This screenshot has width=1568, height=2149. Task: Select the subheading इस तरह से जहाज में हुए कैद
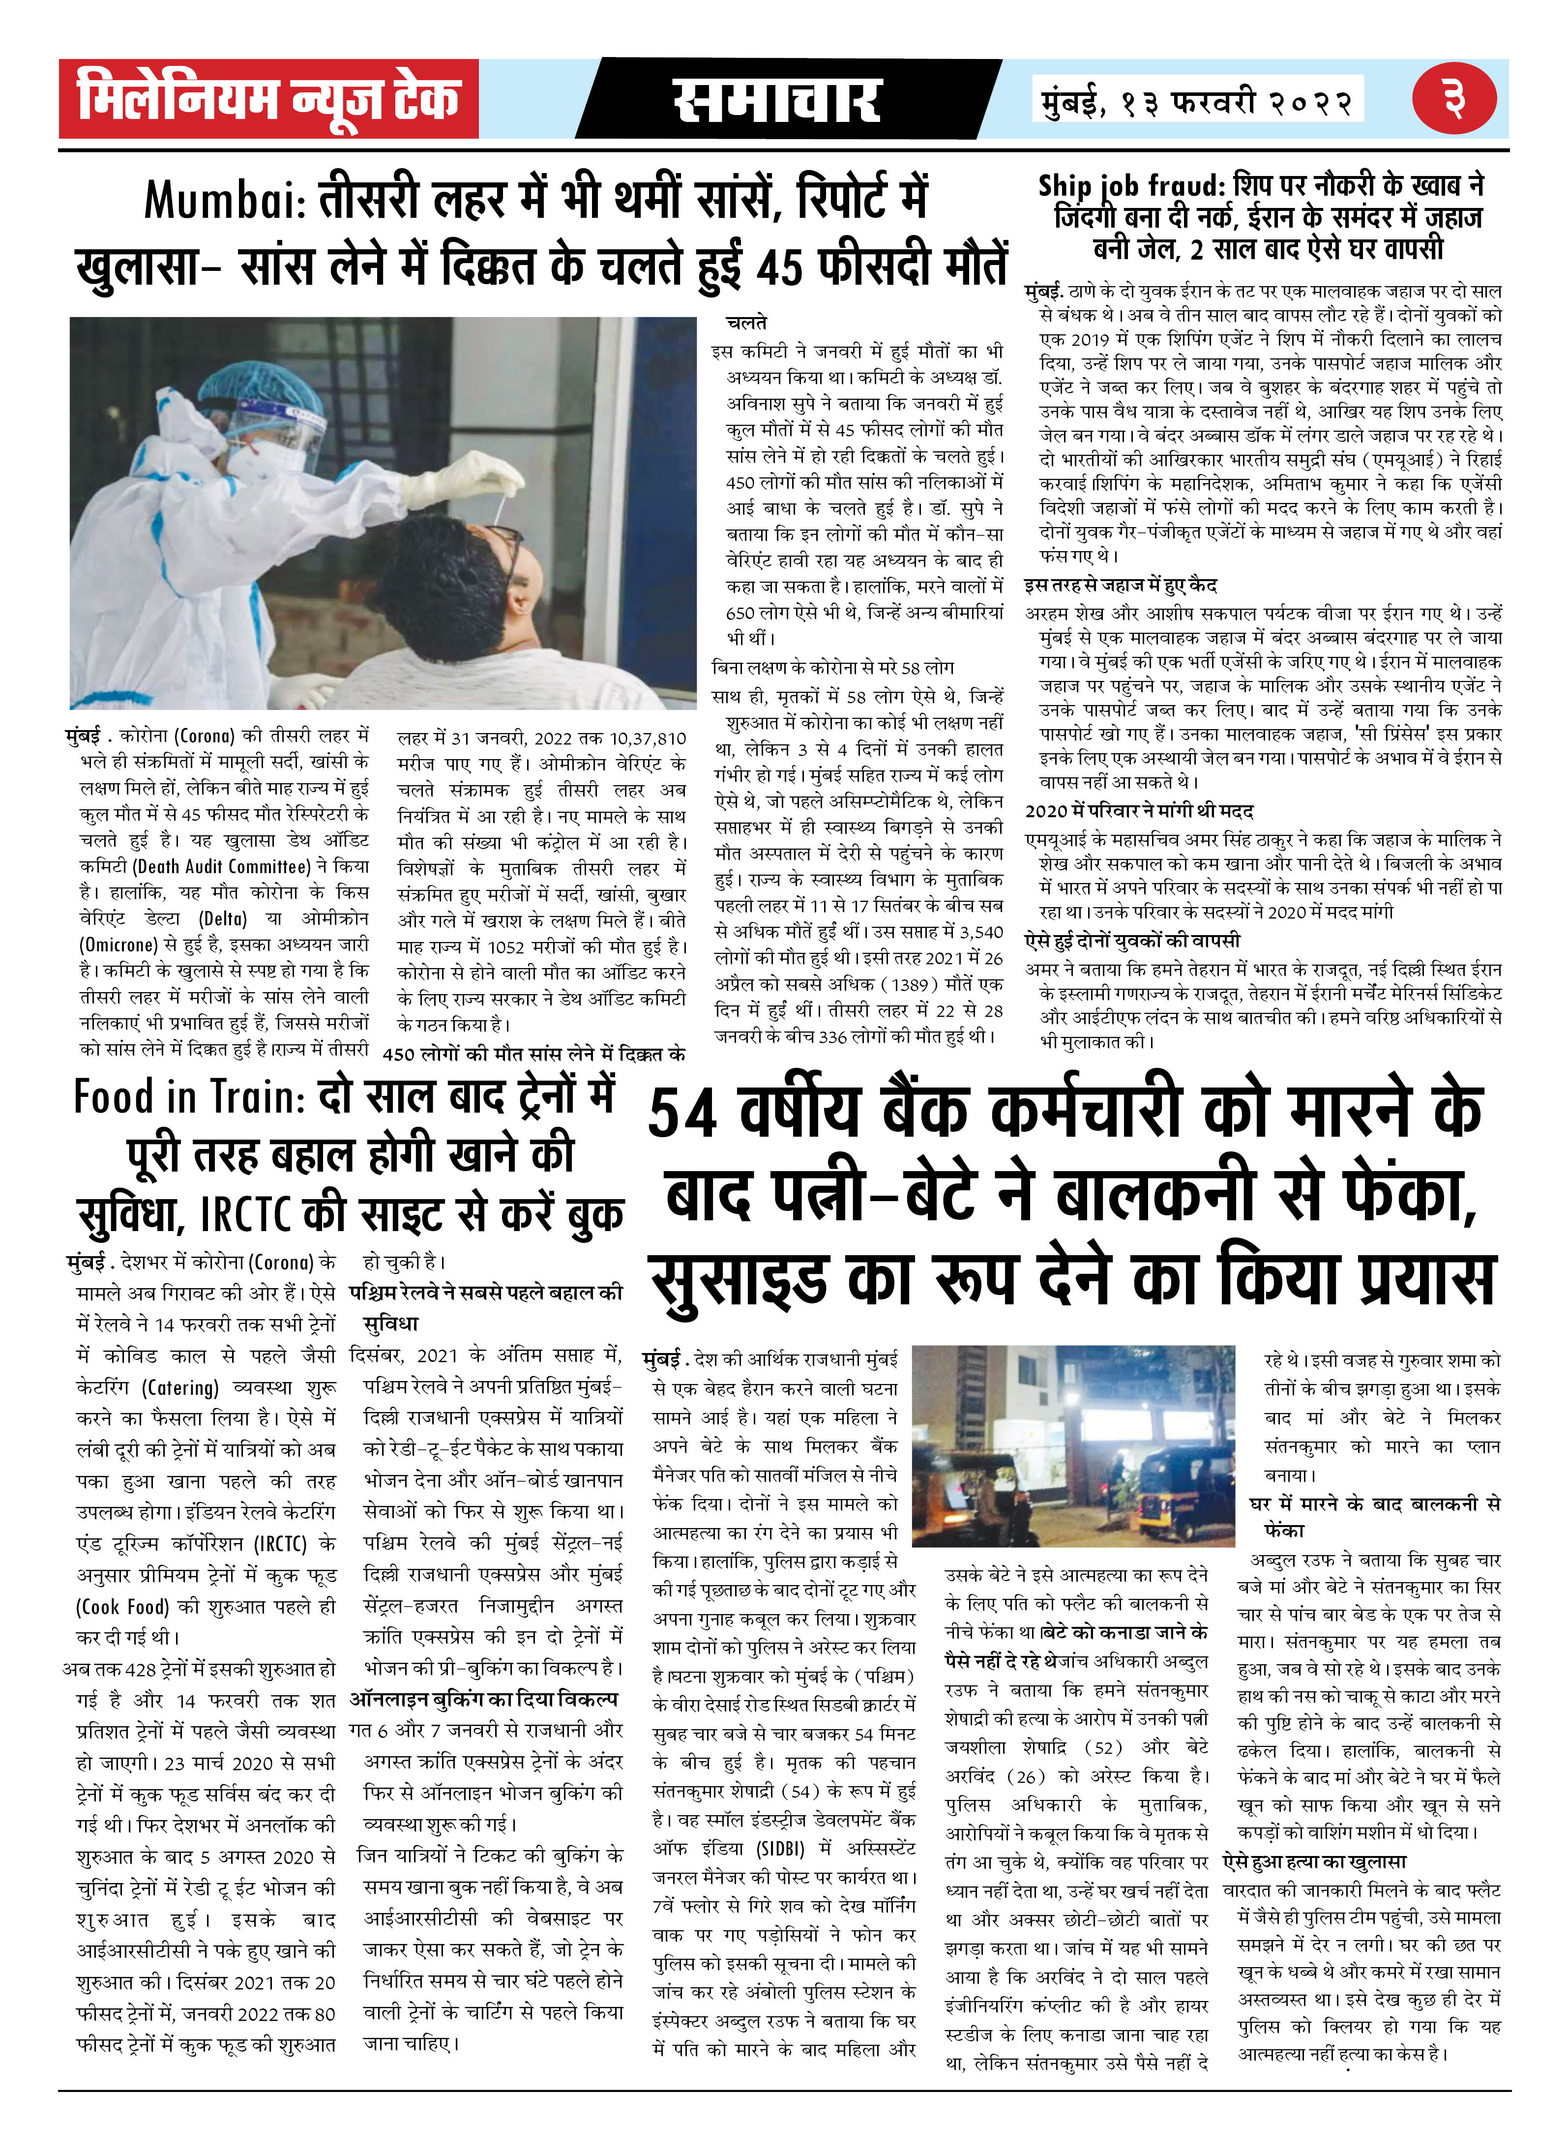click(1120, 585)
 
